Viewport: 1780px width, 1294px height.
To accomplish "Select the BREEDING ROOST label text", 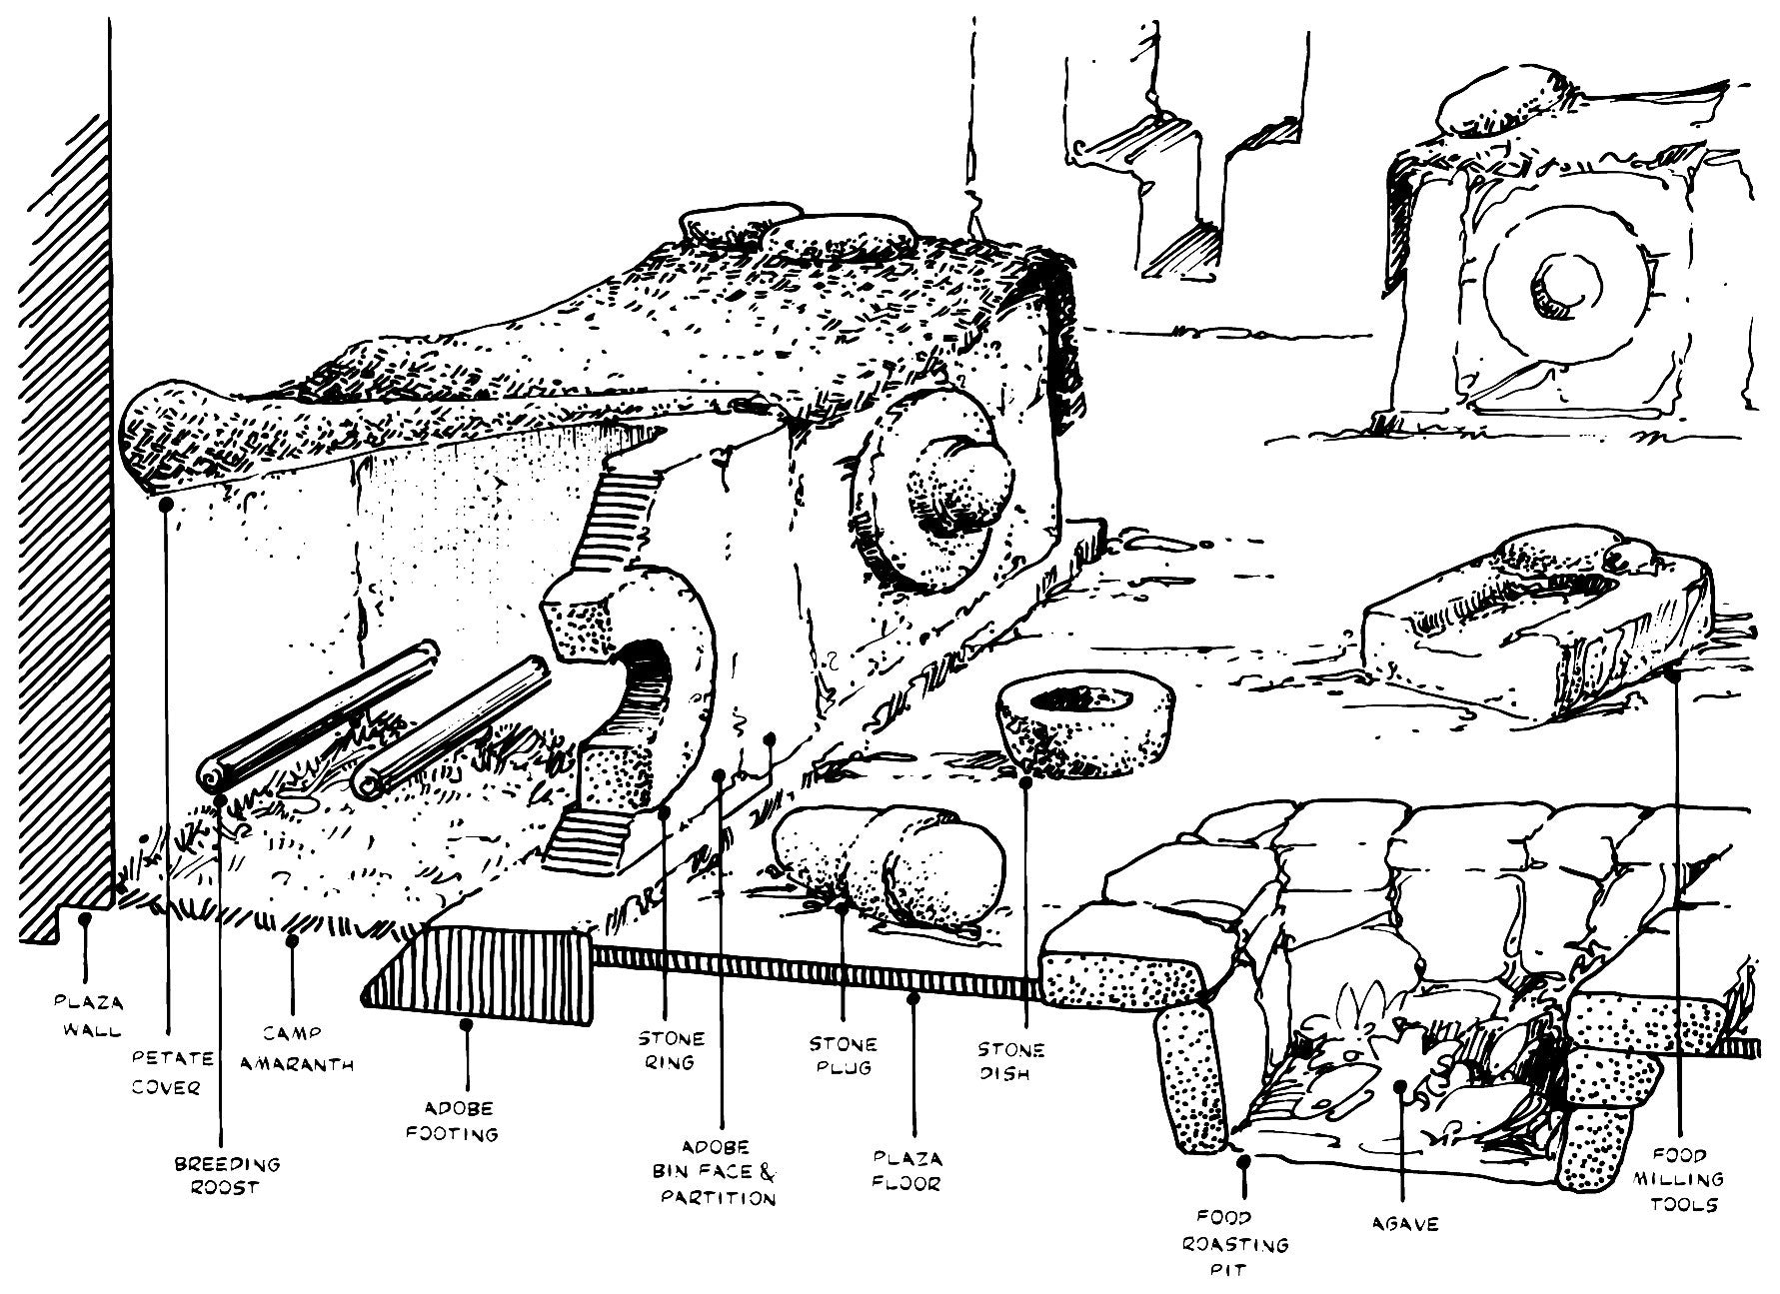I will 227,1176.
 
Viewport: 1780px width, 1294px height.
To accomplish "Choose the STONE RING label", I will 670,1050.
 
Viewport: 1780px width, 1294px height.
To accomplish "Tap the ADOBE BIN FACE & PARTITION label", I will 718,1172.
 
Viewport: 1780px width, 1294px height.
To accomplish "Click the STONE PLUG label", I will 844,1055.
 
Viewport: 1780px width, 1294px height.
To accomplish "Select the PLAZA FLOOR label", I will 907,1171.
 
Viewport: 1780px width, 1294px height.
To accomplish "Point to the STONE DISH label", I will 1010,1061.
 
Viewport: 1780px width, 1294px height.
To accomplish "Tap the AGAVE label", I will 1405,1223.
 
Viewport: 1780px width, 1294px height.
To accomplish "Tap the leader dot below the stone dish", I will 1025,781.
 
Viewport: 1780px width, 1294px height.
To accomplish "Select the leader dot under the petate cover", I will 167,505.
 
